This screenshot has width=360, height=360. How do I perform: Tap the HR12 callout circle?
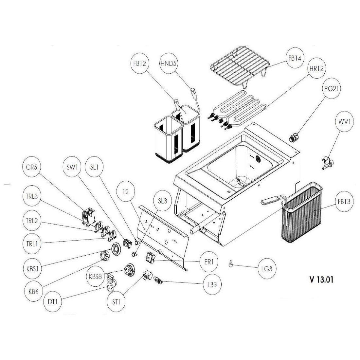(x=316, y=69)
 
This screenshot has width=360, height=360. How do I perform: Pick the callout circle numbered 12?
(x=126, y=192)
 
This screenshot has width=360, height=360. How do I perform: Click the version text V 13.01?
(x=321, y=280)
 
